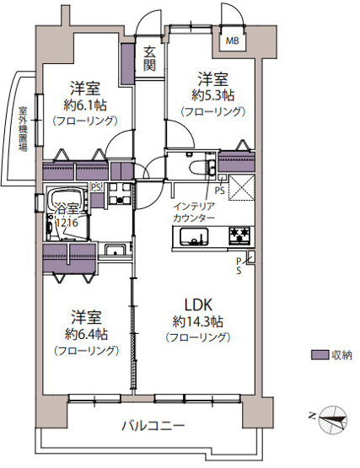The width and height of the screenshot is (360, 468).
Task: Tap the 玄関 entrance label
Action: [x=149, y=59]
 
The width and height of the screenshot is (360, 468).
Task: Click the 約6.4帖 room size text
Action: [x=84, y=333]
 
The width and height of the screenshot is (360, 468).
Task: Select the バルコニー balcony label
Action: [x=152, y=425]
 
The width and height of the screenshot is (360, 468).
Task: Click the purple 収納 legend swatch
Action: [x=319, y=355]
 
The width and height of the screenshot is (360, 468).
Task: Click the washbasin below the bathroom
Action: [x=115, y=249]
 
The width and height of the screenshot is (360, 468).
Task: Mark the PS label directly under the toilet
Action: [x=219, y=191]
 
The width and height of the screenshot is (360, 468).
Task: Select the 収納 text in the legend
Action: [x=341, y=355]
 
